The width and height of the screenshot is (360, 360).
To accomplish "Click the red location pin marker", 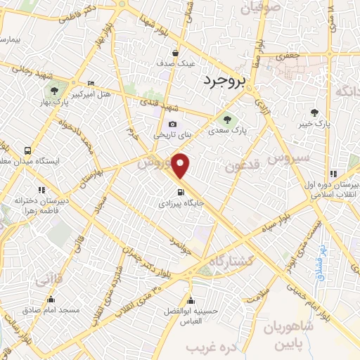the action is (181, 166).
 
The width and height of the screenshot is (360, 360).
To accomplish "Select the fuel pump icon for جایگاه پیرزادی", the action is (182, 192).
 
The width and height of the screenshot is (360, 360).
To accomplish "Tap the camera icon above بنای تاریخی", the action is (172, 124).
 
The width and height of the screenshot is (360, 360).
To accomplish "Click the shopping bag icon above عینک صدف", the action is (175, 52).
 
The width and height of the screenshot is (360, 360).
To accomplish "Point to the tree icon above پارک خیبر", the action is (314, 112).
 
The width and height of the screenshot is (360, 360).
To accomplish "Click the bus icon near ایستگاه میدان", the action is (27, 150).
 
